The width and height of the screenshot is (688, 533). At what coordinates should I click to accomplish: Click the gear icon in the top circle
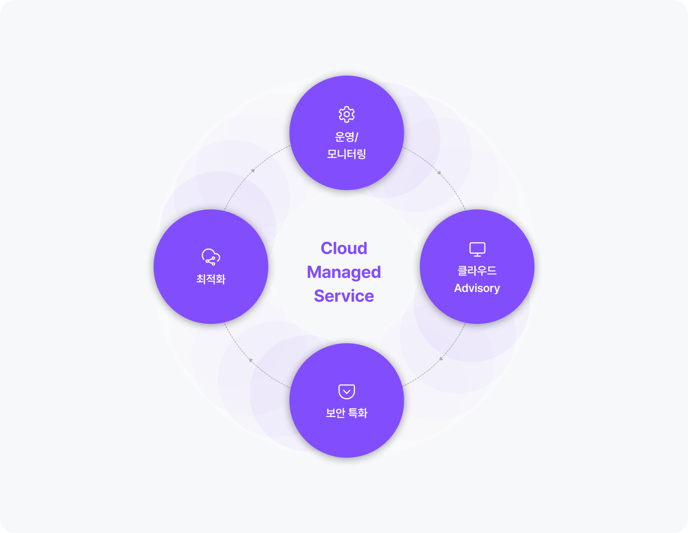point(347,114)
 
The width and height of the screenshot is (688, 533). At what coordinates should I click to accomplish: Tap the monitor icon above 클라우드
point(477,249)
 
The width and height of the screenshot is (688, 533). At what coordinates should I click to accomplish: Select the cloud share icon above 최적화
point(211,257)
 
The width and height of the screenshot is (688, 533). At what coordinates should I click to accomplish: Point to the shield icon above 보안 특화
point(347,391)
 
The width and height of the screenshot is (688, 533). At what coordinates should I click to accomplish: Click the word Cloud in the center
point(344,248)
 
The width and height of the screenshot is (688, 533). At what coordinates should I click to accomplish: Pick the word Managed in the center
point(344,273)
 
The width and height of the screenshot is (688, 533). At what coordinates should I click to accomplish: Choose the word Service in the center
point(344,296)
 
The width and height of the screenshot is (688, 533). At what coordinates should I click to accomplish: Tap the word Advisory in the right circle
point(477,288)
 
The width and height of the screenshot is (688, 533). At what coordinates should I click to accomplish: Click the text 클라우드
point(477,271)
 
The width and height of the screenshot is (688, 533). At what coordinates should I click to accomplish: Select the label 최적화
point(211,279)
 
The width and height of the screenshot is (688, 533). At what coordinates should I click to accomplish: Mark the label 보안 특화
point(347,413)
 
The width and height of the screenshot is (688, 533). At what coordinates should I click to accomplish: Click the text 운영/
point(347,137)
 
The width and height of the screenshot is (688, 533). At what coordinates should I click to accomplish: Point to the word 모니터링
point(347,154)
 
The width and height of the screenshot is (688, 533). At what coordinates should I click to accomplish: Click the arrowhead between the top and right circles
point(439,173)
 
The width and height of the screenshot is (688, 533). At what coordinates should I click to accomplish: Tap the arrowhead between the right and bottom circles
point(441,359)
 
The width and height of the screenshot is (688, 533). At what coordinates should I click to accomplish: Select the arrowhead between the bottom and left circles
point(251,360)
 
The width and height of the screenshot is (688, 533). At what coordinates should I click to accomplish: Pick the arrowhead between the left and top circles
point(253,171)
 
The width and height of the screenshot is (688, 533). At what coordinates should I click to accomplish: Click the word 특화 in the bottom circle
point(358,413)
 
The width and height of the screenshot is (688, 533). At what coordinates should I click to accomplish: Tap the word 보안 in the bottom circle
point(335,413)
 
